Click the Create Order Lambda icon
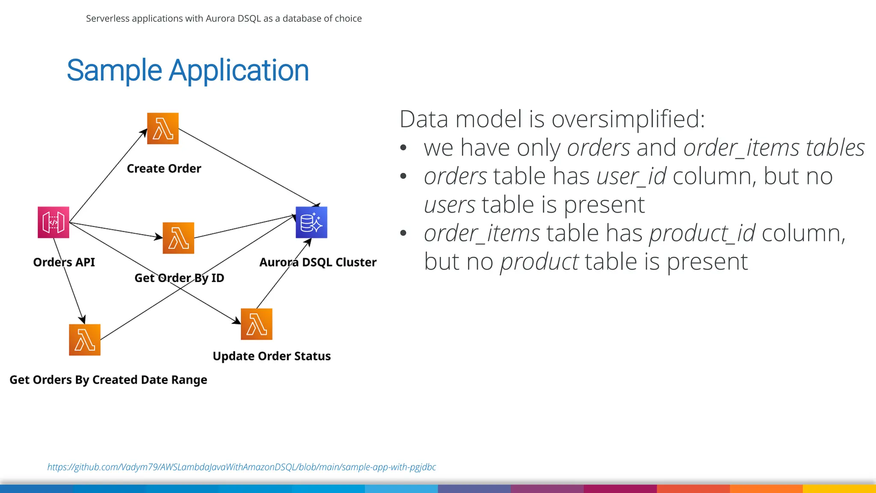click(x=163, y=128)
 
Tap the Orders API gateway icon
click(x=53, y=223)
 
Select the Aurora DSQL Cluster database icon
click(x=311, y=223)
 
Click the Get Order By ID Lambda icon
click(x=178, y=238)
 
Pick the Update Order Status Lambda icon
click(x=257, y=324)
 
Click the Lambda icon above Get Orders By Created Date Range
click(x=85, y=340)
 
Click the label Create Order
click(x=164, y=169)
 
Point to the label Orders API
click(x=64, y=262)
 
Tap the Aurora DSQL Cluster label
click(x=318, y=262)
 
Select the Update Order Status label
click(x=272, y=356)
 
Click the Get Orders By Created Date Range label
click(x=108, y=380)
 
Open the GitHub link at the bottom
click(x=241, y=467)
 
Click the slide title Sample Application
click(x=188, y=71)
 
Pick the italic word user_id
click(x=631, y=176)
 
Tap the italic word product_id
click(x=702, y=234)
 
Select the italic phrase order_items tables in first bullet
click(x=774, y=148)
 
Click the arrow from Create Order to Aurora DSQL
click(x=248, y=167)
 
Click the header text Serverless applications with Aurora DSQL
click(x=224, y=18)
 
